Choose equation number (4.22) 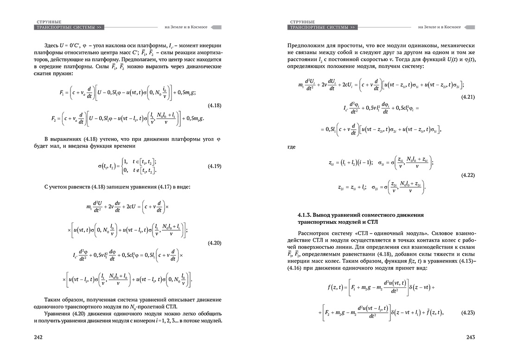click(467, 175)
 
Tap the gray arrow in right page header click(470, 27)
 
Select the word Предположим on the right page click(306, 46)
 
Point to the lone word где click(292, 147)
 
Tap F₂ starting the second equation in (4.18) click(55, 118)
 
